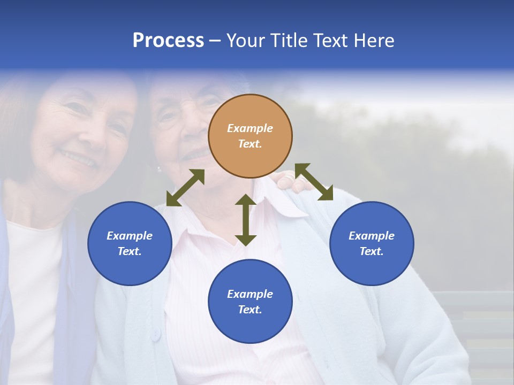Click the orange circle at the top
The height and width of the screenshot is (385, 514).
(250, 136)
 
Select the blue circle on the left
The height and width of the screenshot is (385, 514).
(130, 243)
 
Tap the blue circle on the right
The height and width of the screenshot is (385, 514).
(372, 243)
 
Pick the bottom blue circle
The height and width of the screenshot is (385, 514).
(250, 302)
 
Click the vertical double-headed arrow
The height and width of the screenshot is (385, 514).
(246, 220)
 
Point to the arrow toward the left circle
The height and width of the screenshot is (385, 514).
(185, 188)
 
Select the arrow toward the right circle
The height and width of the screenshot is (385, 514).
(314, 182)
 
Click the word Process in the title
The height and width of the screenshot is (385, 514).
(168, 40)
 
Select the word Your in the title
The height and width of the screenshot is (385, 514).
(246, 40)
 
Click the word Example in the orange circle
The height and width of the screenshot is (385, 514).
(250, 128)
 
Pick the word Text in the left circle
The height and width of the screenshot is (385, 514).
(130, 251)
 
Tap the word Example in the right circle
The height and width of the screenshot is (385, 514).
(372, 236)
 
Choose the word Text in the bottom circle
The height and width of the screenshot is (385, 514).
(250, 310)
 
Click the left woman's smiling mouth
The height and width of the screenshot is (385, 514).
(78, 158)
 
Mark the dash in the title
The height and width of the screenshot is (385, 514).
(215, 41)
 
